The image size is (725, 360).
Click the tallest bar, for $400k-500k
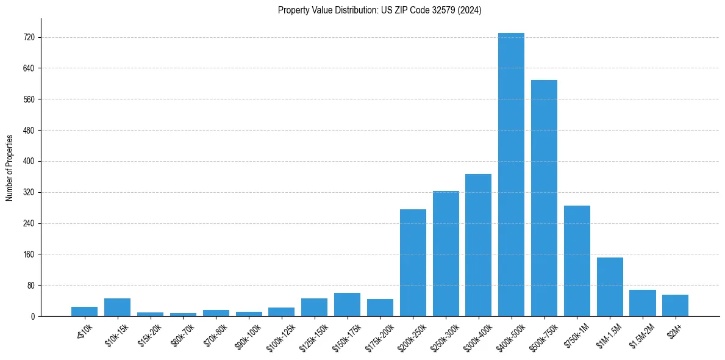511,175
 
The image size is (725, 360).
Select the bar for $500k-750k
544,198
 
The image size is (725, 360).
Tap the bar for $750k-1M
577,261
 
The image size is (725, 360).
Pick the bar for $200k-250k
413,262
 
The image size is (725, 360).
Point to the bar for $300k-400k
478,245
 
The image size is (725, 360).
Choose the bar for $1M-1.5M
610,287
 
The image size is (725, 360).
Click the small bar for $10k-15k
117,307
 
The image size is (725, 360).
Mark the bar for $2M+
675,305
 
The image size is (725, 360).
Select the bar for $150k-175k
347,304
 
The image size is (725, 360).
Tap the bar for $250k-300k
446,253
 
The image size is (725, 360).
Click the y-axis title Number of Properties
9,167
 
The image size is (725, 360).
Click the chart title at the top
379,10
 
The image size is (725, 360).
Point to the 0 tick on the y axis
33,316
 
